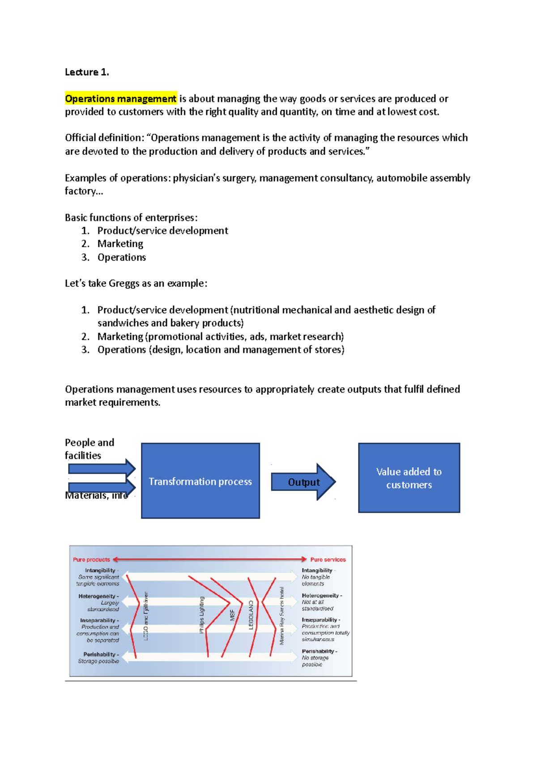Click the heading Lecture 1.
pyautogui.click(x=87, y=72)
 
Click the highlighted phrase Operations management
pyautogui.click(x=121, y=98)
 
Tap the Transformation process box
pyautogui.click(x=200, y=481)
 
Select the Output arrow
pyautogui.click(x=303, y=482)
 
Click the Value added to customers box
pyautogui.click(x=409, y=478)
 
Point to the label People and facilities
pyautogui.click(x=89, y=448)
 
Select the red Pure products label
pyautogui.click(x=91, y=559)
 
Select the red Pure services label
pyautogui.click(x=328, y=559)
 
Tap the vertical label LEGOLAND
pyautogui.click(x=251, y=615)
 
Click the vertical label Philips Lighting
pyautogui.click(x=202, y=615)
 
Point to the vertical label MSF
pyautogui.click(x=232, y=615)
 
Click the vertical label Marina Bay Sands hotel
pyautogui.click(x=282, y=616)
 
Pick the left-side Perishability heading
pyautogui.click(x=100, y=654)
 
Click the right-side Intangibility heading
pyautogui.click(x=317, y=570)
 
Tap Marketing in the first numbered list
pyautogui.click(x=120, y=244)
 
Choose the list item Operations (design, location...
pyautogui.click(x=221, y=350)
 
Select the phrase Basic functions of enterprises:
pyautogui.click(x=131, y=218)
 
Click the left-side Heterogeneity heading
pyautogui.click(x=98, y=596)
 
